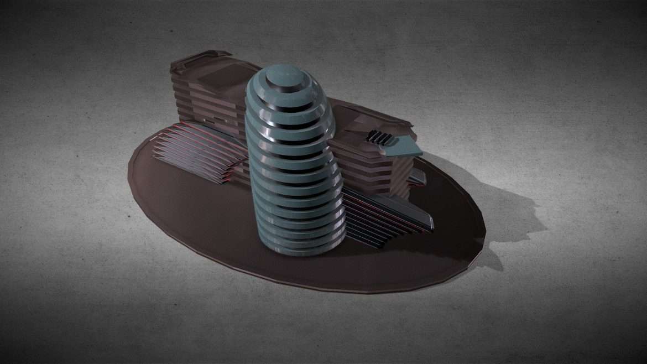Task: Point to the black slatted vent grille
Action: tap(380, 136)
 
